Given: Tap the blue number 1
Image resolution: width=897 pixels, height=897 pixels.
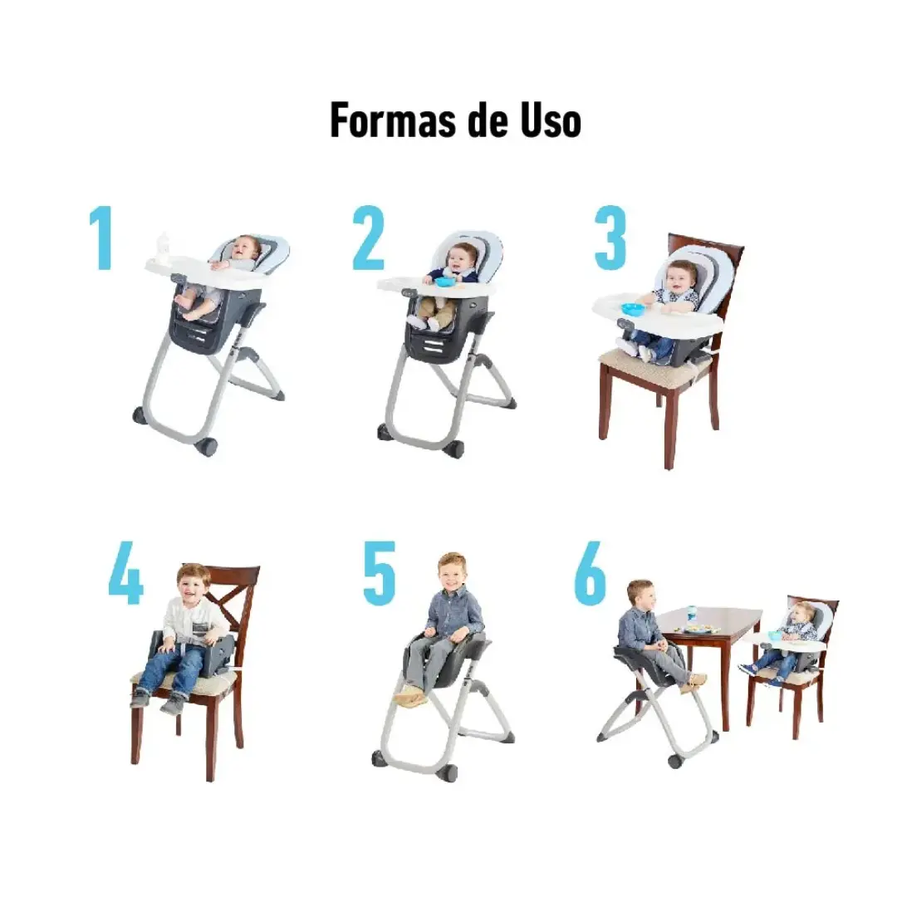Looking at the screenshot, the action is pyautogui.click(x=101, y=238).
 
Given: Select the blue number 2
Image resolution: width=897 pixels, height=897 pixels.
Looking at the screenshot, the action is pyautogui.click(x=368, y=238).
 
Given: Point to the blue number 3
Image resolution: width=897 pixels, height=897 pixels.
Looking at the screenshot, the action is pyautogui.click(x=610, y=238).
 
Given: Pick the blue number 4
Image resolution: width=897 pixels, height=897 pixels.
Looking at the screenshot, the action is pyautogui.click(x=125, y=572).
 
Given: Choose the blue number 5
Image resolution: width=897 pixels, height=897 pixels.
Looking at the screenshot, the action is pyautogui.click(x=380, y=572).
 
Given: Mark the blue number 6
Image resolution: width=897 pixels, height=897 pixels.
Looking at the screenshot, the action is pyautogui.click(x=590, y=572).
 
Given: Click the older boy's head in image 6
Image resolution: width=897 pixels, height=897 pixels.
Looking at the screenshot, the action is pyautogui.click(x=640, y=596).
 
